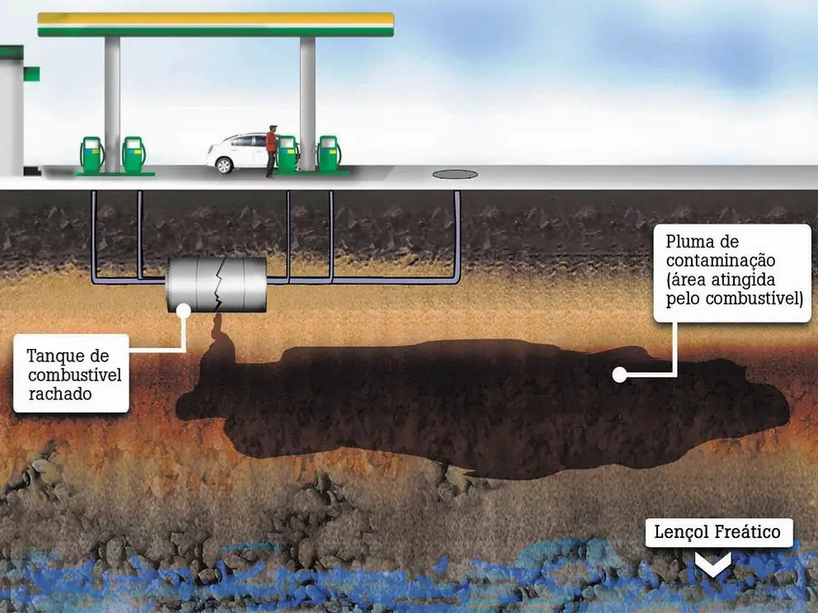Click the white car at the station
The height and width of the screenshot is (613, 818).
[x=239, y=152]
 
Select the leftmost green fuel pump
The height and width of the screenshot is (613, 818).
[x=91, y=154]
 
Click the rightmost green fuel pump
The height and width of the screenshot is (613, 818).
[x=329, y=153]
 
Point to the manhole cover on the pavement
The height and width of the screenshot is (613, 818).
[x=454, y=174]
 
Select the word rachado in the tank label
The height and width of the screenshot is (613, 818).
[x=59, y=394]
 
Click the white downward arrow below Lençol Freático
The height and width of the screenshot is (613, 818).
[x=712, y=565]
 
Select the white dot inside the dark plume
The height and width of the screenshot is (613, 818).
[x=618, y=375]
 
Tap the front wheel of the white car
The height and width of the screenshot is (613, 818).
[x=223, y=165]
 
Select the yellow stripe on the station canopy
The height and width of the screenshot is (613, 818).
[x=215, y=18]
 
